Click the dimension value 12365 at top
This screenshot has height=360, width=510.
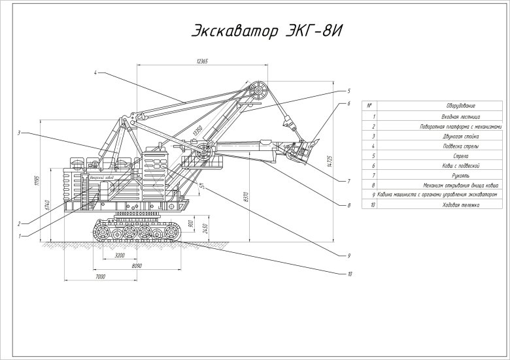pos(201,61)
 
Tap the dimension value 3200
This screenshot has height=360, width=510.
pos(119,255)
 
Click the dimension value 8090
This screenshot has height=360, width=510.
pos(136,267)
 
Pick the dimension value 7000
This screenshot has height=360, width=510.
pos(100,277)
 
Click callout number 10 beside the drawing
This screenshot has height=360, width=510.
pos(349,274)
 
